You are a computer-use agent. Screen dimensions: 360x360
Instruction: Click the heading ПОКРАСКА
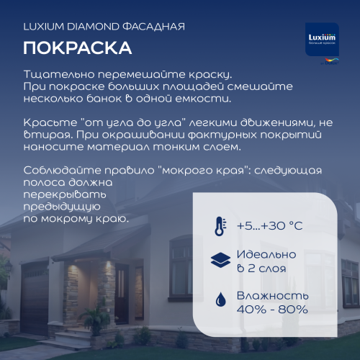[76, 48]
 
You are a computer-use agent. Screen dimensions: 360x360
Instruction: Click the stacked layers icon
[219, 261]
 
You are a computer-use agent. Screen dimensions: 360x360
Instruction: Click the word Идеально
[266, 255]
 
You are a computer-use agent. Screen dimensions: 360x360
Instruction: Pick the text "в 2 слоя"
[262, 269]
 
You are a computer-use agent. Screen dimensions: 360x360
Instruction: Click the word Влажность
[273, 295]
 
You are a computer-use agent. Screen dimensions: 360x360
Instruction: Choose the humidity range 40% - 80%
[273, 310]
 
